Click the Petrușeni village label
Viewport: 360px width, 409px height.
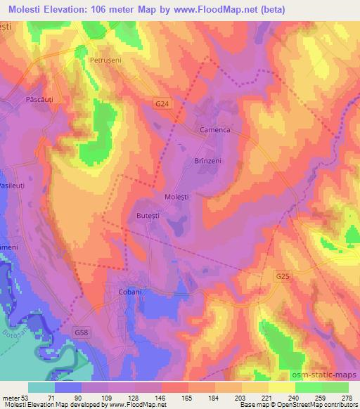coord(105,61)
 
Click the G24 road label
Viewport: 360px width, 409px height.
coord(162,103)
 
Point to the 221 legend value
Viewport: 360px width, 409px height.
coord(268,398)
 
